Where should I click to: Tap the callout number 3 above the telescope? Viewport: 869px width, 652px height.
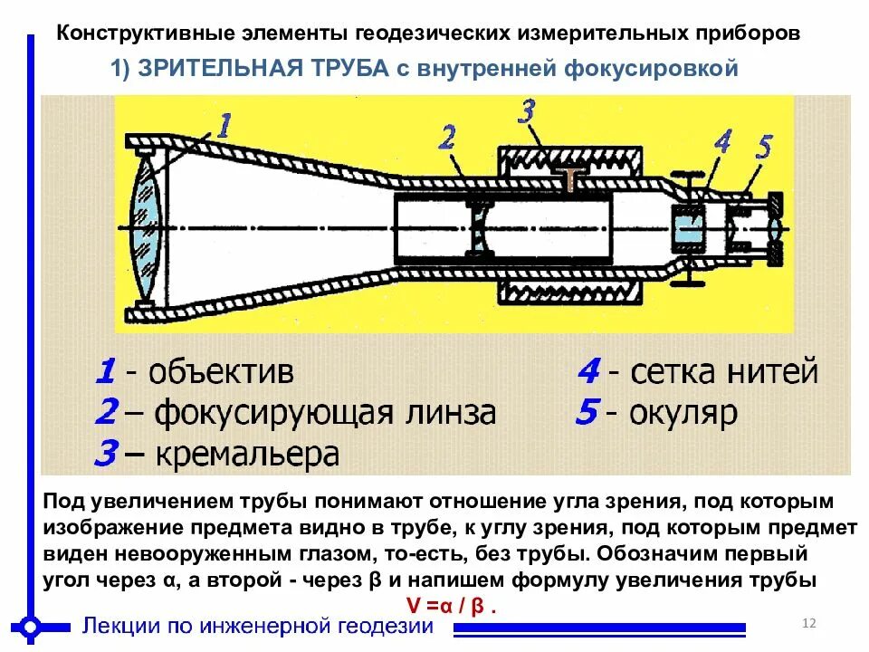(x=527, y=112)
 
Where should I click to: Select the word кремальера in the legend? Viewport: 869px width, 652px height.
(x=246, y=454)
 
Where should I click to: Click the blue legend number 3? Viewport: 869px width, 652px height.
(x=106, y=454)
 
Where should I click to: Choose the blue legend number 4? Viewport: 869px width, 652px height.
(x=588, y=371)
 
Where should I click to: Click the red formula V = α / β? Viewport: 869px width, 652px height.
(x=450, y=605)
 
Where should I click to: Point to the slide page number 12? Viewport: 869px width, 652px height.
(x=809, y=623)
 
